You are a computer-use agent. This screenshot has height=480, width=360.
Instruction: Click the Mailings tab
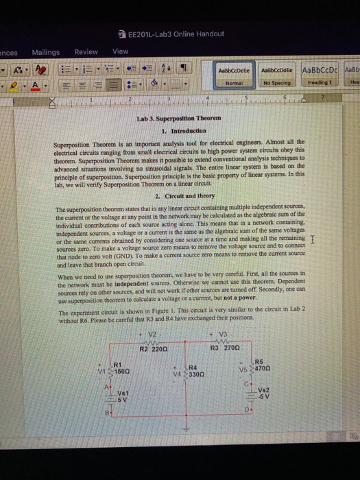click(x=46, y=51)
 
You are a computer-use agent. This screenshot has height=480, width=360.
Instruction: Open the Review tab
click(x=86, y=51)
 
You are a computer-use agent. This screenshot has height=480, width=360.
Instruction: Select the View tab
click(x=120, y=51)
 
